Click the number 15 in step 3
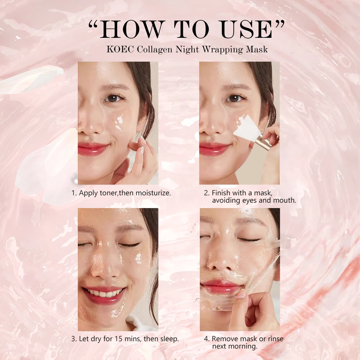[x=119, y=339]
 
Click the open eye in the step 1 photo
[x=114, y=98]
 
